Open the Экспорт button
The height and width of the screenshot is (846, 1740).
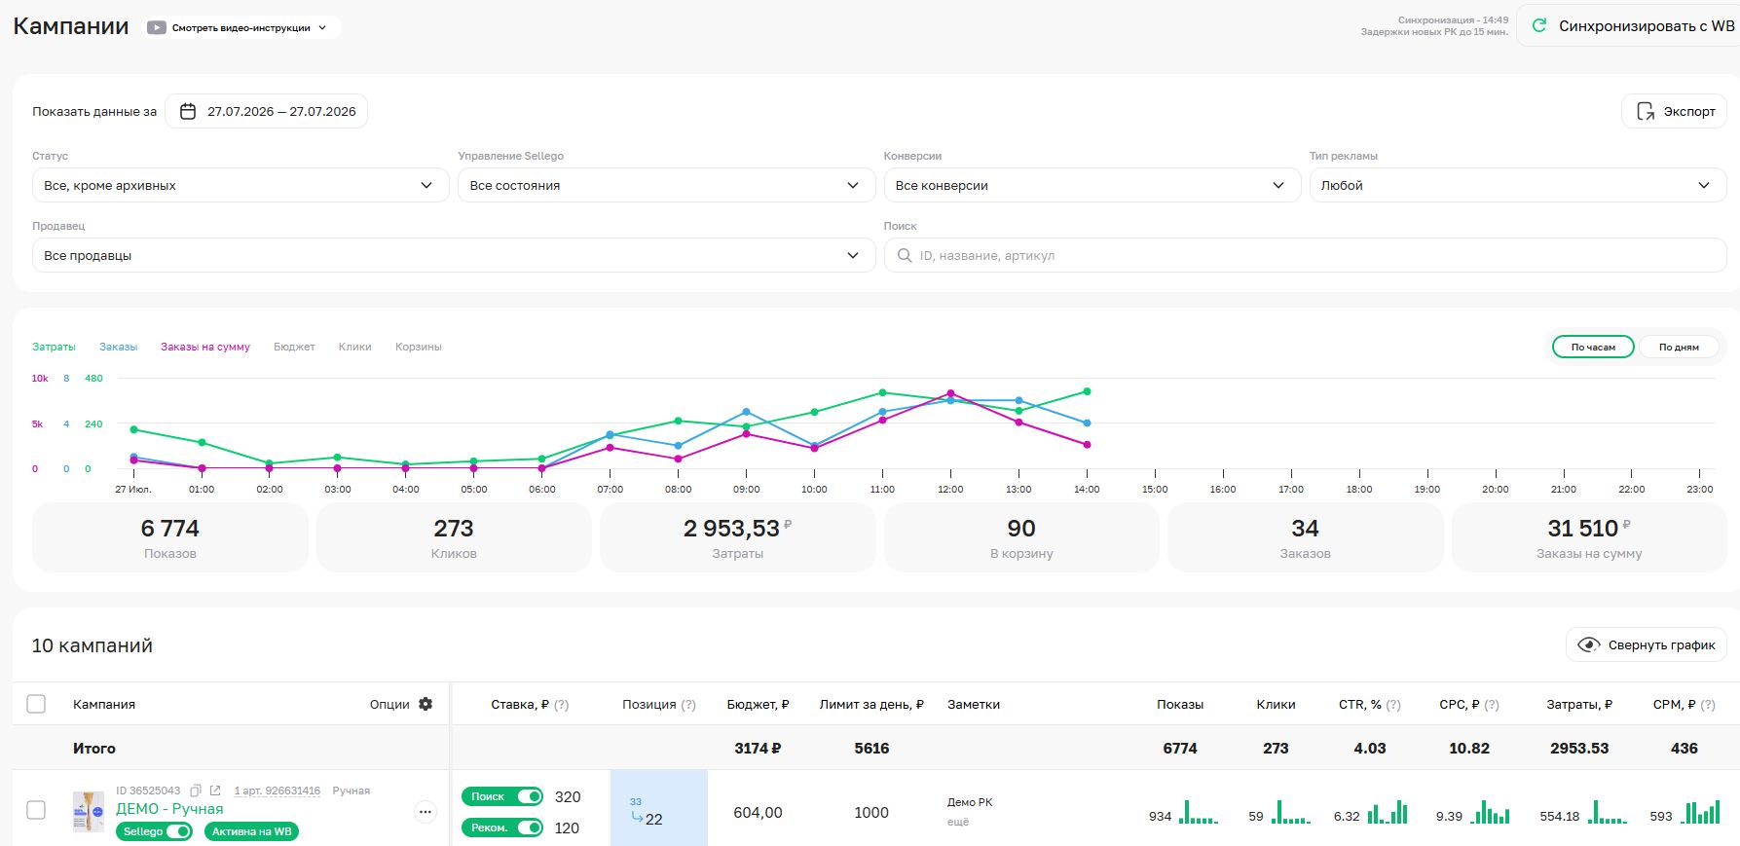coord(1674,111)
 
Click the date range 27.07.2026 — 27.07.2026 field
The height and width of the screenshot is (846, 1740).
coord(266,111)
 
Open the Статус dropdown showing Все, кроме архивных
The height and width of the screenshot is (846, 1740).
coord(241,185)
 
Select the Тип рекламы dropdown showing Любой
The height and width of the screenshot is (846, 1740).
coord(1518,185)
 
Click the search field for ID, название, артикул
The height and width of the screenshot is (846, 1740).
coord(1305,255)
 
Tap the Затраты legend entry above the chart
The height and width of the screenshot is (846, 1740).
coord(54,347)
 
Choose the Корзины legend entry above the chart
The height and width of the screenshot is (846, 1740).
coord(419,347)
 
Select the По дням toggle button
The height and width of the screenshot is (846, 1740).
coord(1679,347)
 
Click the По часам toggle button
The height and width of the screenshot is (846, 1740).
coord(1593,347)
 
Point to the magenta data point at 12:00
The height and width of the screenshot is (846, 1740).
coord(950,393)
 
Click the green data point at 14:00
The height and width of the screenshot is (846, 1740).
coord(1087,391)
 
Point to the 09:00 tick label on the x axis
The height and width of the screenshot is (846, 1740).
coord(747,490)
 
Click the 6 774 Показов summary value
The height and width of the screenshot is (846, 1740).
coord(170,529)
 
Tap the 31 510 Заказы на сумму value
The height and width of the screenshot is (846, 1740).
coord(1583,529)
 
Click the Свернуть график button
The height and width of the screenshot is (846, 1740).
coord(1647,644)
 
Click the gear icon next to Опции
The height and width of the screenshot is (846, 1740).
coord(426,704)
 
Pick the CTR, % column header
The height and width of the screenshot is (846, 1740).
coord(1360,704)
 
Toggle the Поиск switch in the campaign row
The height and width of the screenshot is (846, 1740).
coord(530,796)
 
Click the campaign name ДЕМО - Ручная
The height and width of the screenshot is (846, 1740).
coord(169,809)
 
